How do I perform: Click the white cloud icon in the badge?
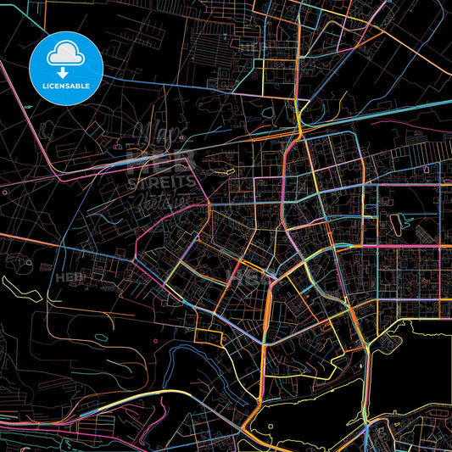(65, 53)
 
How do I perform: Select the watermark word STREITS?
(161, 181)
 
